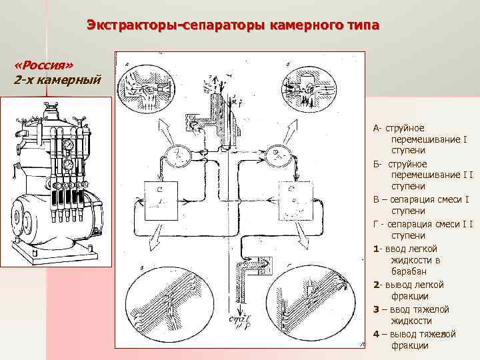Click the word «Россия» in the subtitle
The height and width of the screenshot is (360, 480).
(x=43, y=66)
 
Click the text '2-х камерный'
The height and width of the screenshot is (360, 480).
(x=57, y=80)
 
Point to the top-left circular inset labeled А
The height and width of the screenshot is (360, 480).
(x=143, y=91)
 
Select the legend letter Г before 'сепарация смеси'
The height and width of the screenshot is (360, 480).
(x=375, y=224)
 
